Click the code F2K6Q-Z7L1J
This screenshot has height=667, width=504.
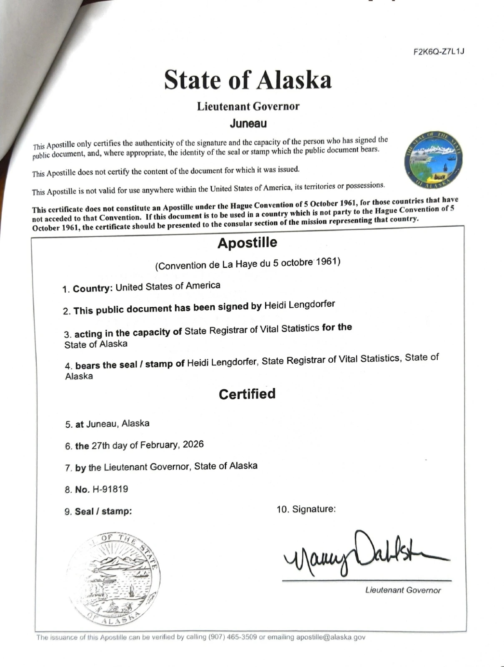coord(439,52)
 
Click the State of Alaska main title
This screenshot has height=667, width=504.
coord(248,80)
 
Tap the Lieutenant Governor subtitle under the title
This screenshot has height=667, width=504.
coord(248,106)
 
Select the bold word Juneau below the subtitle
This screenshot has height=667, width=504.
coord(248,123)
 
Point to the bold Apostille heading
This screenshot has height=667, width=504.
coord(247,243)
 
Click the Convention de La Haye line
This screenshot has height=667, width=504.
coord(248,263)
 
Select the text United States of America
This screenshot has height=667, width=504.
coord(168,286)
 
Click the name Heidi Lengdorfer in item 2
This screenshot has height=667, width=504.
coord(299,304)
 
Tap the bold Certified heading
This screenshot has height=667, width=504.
coord(247,394)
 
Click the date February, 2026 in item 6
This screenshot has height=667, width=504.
coord(172,444)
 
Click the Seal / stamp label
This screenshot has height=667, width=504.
coord(103,511)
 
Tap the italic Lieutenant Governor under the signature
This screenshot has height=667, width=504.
coord(403,590)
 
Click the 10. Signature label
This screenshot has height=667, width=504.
coord(306,509)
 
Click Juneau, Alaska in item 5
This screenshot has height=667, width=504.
coord(118,424)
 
